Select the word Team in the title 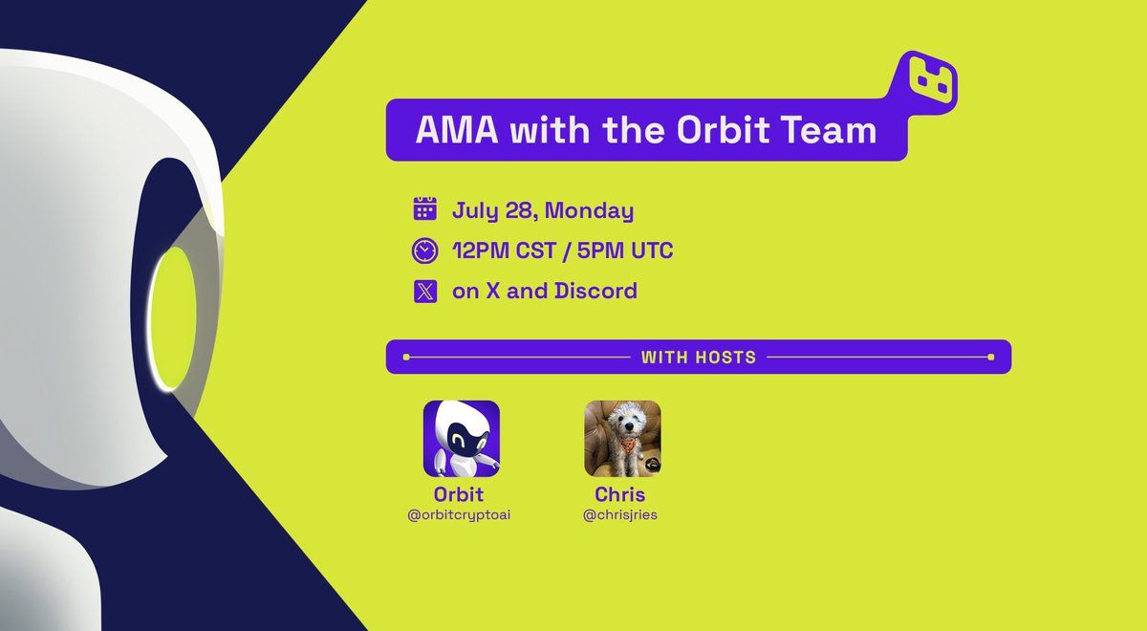831,129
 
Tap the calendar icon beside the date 424,208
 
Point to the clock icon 424,250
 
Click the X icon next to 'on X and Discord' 424,291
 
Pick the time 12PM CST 508,250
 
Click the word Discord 595,291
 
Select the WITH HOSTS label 698,358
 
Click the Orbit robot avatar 462,439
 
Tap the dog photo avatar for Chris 622,439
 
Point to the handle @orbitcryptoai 461,515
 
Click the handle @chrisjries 621,515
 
